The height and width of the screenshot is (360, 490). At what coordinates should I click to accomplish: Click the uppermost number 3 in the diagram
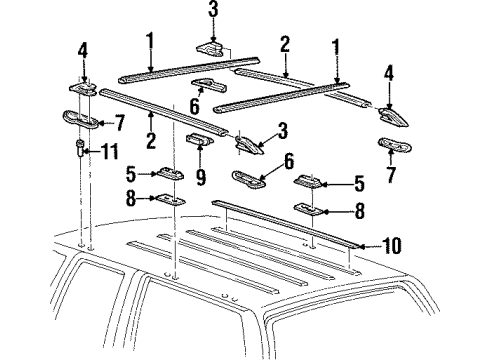[213, 11]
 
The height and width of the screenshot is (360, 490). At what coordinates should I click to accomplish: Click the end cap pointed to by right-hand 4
[388, 115]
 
